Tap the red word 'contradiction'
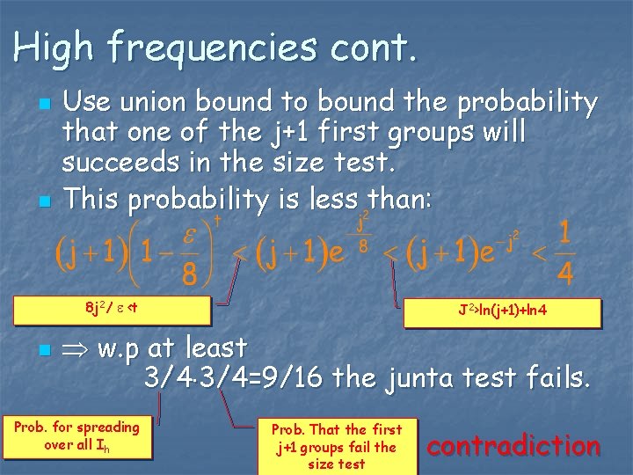(513, 446)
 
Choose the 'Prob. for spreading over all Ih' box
(76, 435)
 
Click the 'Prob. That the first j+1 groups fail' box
(336, 445)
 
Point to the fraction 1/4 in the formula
(565, 255)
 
